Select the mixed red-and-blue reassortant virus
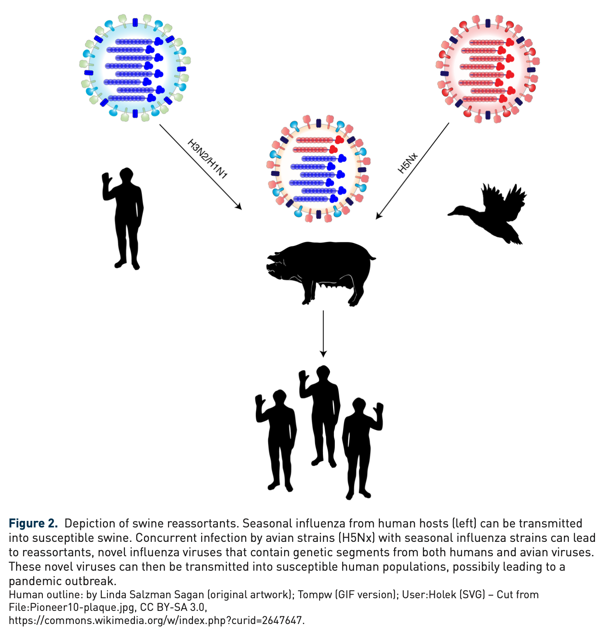pos(318,169)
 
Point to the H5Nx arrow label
pos(408,163)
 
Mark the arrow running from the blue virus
pos(200,166)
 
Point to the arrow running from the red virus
pos(412,170)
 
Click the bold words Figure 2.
pos(33,524)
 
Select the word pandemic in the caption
pos(35,581)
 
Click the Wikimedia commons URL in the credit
pos(156,620)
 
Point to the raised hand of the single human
pos(106,180)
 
